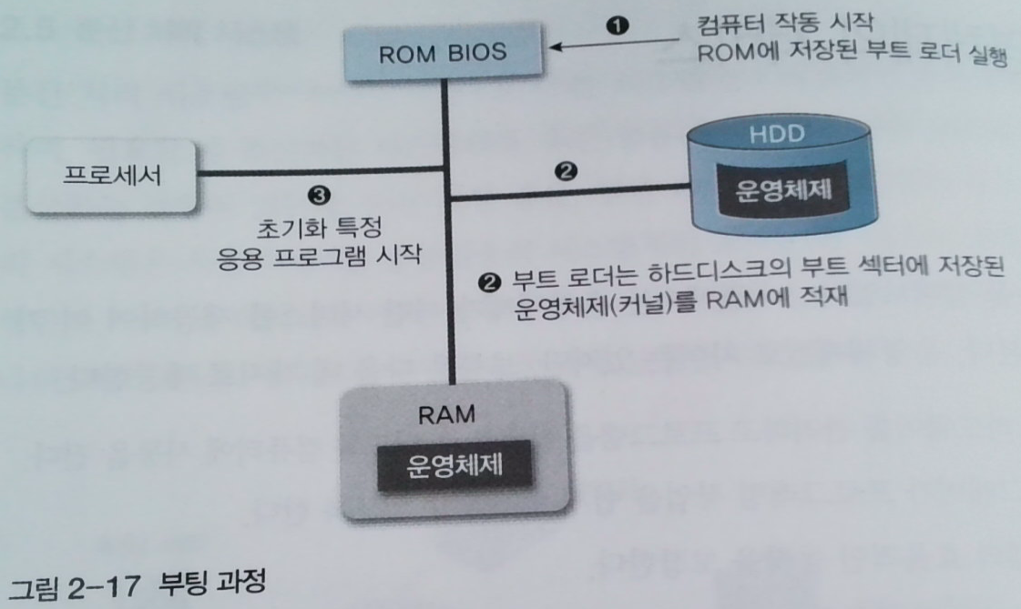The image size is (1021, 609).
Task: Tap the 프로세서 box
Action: click(112, 175)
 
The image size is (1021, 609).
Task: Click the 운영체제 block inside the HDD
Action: click(781, 194)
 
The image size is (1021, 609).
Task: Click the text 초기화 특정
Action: click(316, 224)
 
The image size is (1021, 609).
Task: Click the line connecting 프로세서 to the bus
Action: click(319, 174)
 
